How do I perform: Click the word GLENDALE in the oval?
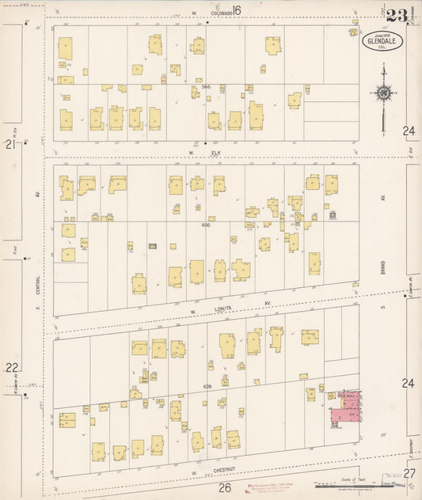(382, 40)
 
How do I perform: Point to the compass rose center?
(383, 93)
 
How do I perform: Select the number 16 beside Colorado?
(236, 11)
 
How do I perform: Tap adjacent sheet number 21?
(10, 145)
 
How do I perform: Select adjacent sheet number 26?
(225, 487)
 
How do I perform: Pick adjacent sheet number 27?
(409, 473)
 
